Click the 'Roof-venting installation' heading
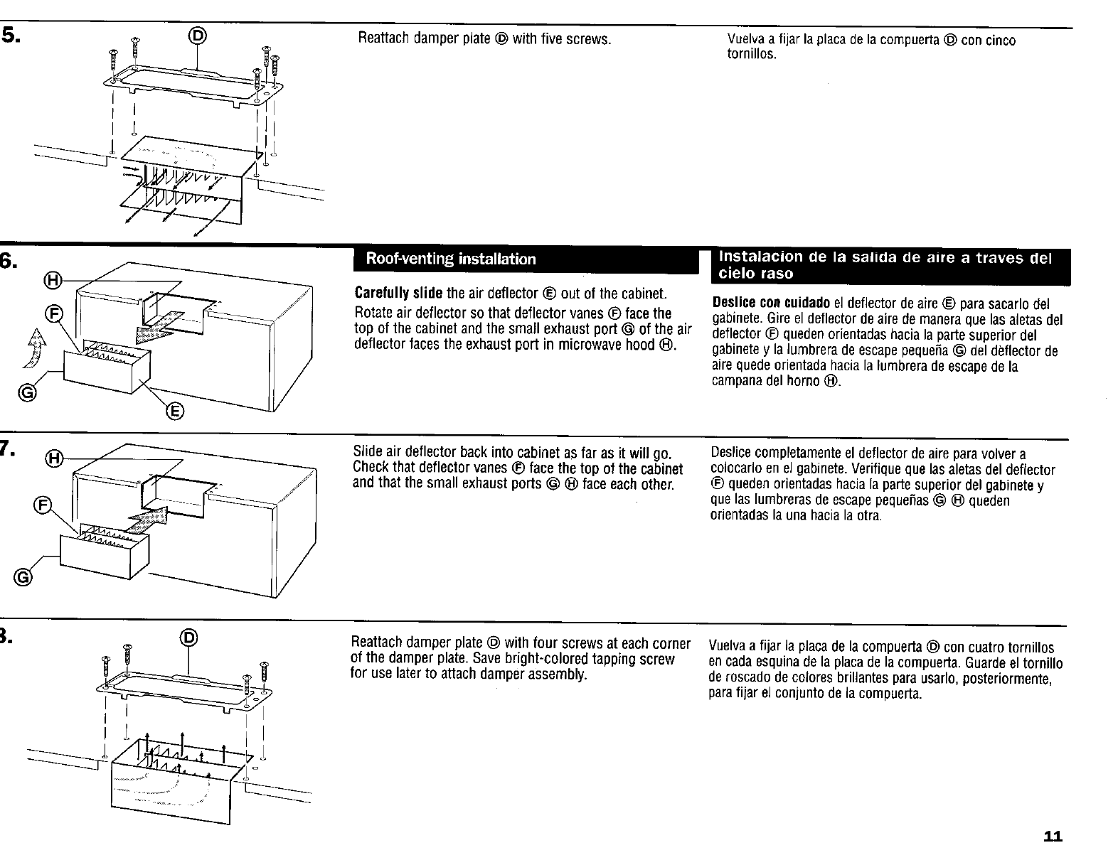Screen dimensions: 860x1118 point(450,259)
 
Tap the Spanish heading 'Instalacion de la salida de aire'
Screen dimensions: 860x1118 point(885,264)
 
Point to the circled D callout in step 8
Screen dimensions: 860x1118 point(188,638)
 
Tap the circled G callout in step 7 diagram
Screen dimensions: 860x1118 point(24,576)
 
